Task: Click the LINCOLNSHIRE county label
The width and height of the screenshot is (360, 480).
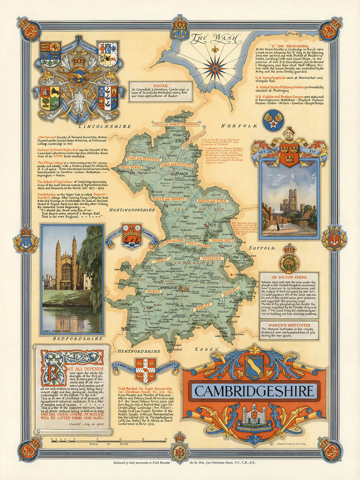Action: [105, 126]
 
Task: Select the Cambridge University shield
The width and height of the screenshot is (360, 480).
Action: [146, 370]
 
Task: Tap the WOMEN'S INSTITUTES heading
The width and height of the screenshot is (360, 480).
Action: [288, 324]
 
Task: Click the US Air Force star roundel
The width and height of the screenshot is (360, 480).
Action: [274, 120]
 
